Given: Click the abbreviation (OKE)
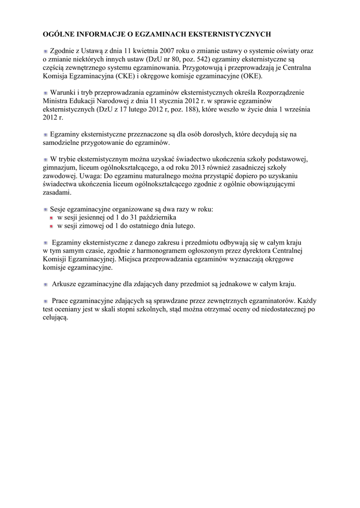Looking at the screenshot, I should (251, 76).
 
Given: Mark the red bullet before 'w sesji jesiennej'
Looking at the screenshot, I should (51, 218).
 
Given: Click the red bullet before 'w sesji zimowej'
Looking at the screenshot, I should (51, 226).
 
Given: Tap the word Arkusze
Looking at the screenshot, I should (66, 284).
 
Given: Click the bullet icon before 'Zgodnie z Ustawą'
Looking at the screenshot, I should (46, 51).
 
